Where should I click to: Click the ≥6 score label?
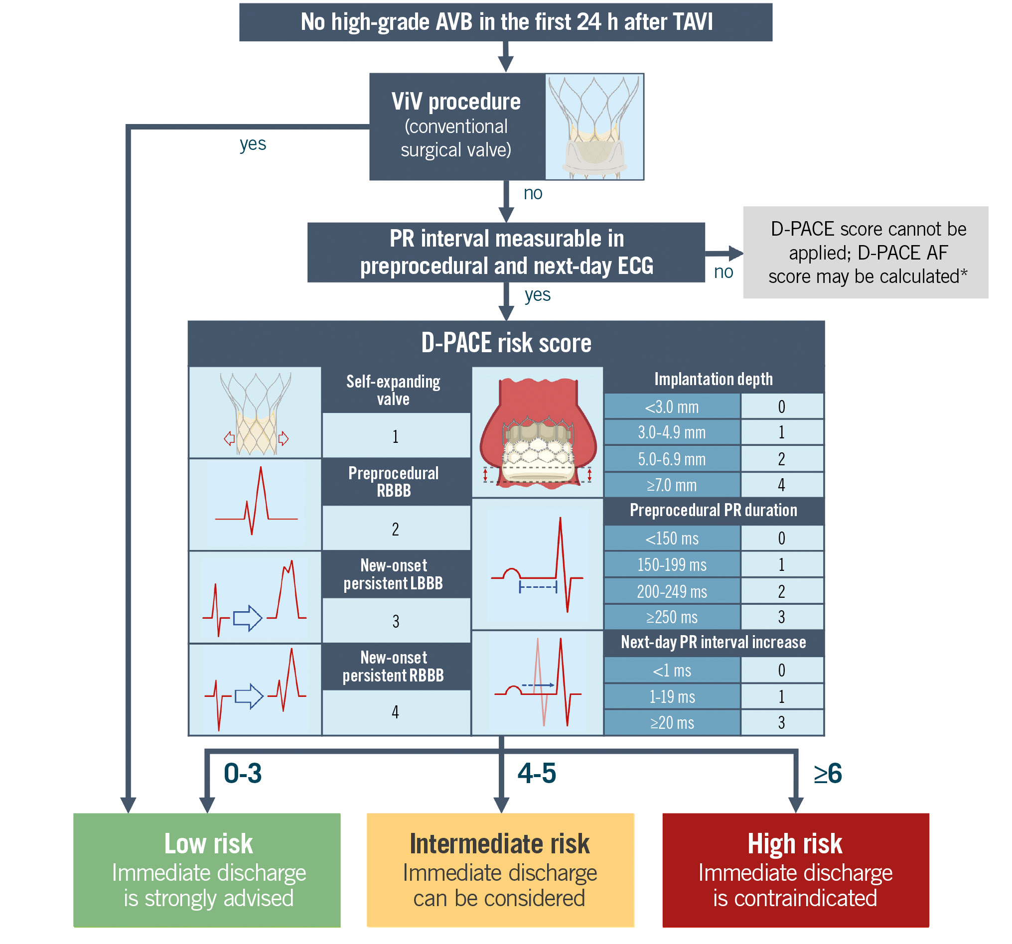point(828,774)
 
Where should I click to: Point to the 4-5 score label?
point(537,774)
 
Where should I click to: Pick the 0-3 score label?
point(243,774)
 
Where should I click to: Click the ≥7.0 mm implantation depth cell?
point(672,485)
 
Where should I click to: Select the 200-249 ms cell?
point(672,591)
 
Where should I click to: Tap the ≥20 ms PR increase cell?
point(672,723)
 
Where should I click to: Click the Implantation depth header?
point(713,379)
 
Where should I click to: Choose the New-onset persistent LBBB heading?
point(394,574)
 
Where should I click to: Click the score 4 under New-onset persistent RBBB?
point(396,712)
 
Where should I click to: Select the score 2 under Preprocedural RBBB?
point(396,529)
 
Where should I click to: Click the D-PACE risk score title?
point(506,343)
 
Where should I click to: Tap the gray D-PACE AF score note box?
point(866,253)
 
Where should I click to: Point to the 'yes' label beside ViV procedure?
point(253,144)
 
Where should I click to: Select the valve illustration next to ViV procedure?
point(594,127)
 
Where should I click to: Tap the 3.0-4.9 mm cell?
point(672,432)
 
